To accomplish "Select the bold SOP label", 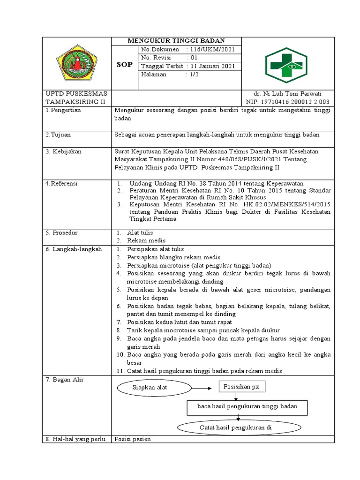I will point(124,64).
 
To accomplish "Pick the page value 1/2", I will point(193,75).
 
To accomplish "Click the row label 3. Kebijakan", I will point(64,151).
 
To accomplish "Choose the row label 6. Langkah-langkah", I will point(74,249).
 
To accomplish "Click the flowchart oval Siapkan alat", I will point(150,388).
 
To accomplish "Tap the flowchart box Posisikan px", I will point(242,387).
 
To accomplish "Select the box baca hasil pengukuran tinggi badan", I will point(242,407).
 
